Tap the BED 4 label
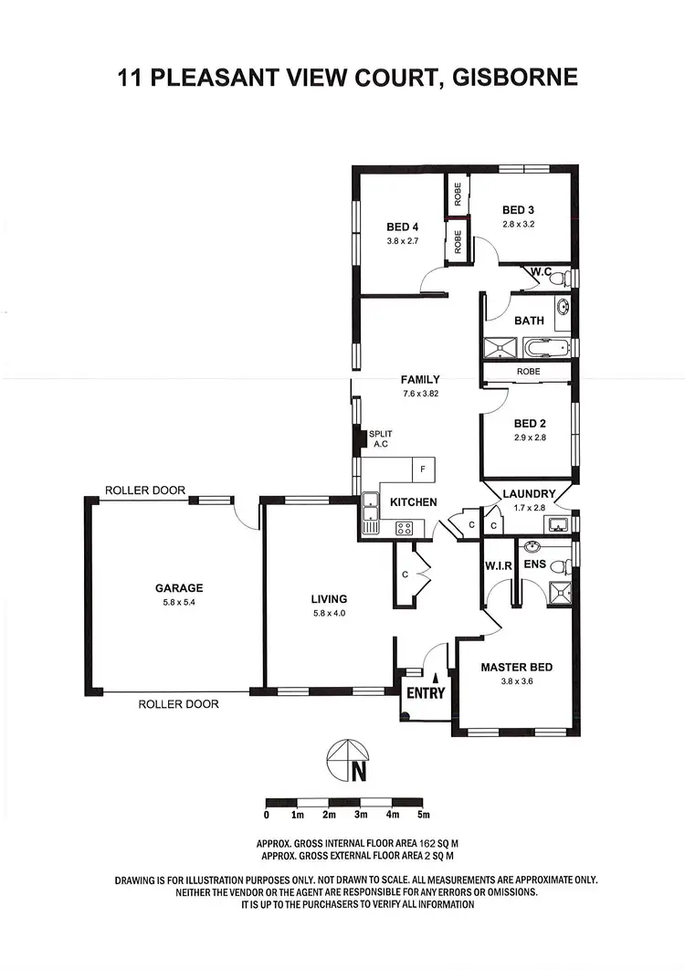click(403, 227)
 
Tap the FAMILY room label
click(420, 380)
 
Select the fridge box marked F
click(423, 469)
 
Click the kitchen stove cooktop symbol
click(405, 528)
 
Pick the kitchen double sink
click(371, 511)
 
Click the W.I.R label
click(498, 564)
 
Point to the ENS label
click(534, 564)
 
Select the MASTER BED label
click(516, 668)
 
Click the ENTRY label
click(426, 693)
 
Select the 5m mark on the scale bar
click(423, 813)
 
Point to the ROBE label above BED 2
click(528, 372)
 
